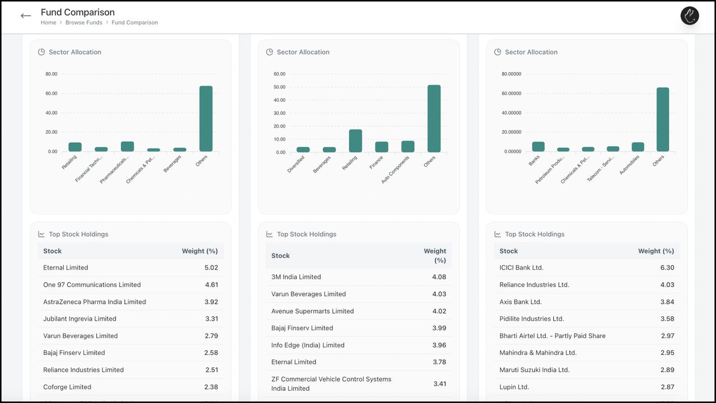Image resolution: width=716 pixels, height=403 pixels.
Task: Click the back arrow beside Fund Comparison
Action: pos(26,16)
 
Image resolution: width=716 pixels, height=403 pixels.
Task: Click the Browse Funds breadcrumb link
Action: pos(84,22)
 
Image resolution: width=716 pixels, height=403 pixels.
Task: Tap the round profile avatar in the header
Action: pos(690,16)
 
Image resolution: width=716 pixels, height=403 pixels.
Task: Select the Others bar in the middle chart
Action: pos(434,119)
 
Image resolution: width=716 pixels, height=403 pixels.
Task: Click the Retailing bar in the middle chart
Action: pos(355,141)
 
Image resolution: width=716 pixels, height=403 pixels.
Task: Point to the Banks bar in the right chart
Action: pos(538,147)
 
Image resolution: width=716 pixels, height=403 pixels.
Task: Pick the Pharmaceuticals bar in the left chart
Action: pos(128,147)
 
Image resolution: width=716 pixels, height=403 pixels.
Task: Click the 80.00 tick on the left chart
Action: pos(51,74)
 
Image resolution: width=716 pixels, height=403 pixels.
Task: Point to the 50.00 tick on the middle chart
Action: pos(279,87)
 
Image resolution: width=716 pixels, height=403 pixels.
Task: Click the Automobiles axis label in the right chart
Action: pos(629,166)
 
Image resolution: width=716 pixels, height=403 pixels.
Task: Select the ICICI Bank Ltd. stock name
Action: pos(521,268)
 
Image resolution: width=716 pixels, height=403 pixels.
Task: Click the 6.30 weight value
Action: pos(667,268)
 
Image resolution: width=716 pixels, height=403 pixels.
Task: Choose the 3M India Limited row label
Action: pos(296,277)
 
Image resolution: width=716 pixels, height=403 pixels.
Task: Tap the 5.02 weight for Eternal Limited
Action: pos(211,268)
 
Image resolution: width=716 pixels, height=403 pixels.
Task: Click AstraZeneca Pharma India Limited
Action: pos(95,302)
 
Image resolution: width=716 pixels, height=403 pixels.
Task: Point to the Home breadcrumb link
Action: pos(48,22)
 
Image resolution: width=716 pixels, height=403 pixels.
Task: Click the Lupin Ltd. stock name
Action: pos(514,387)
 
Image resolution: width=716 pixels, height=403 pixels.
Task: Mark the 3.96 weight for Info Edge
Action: pos(439,345)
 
